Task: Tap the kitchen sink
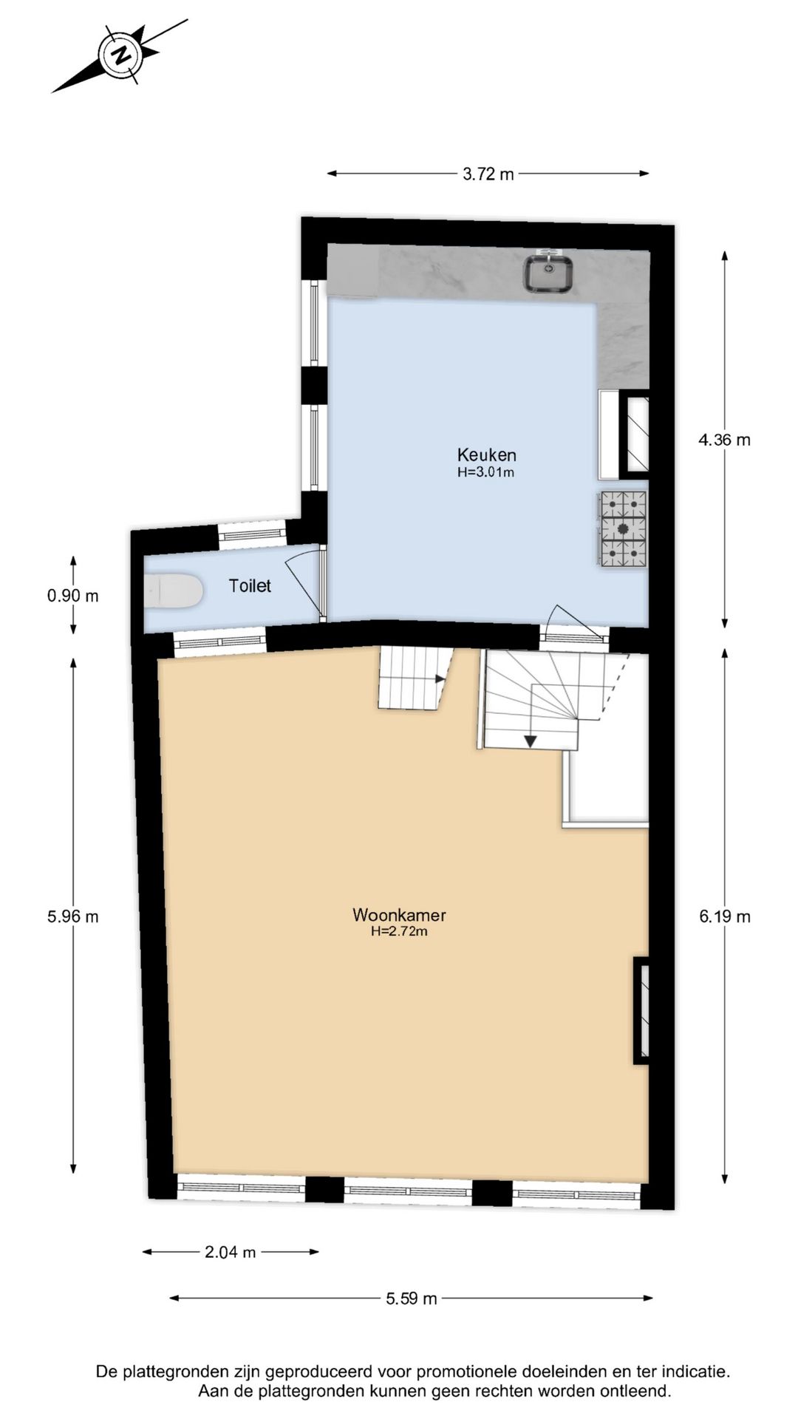point(549,272)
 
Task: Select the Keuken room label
point(486,455)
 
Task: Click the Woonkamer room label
point(399,915)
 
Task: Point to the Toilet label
point(250,586)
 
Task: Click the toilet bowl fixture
point(174,592)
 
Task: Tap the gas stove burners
point(622,529)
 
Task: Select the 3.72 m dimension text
point(488,174)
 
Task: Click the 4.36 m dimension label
point(724,440)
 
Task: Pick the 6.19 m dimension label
point(724,916)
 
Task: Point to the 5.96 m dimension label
point(72,916)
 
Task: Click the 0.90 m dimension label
point(72,596)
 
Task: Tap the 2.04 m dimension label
point(230,1252)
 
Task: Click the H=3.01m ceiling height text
point(485,472)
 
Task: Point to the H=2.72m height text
point(399,932)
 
